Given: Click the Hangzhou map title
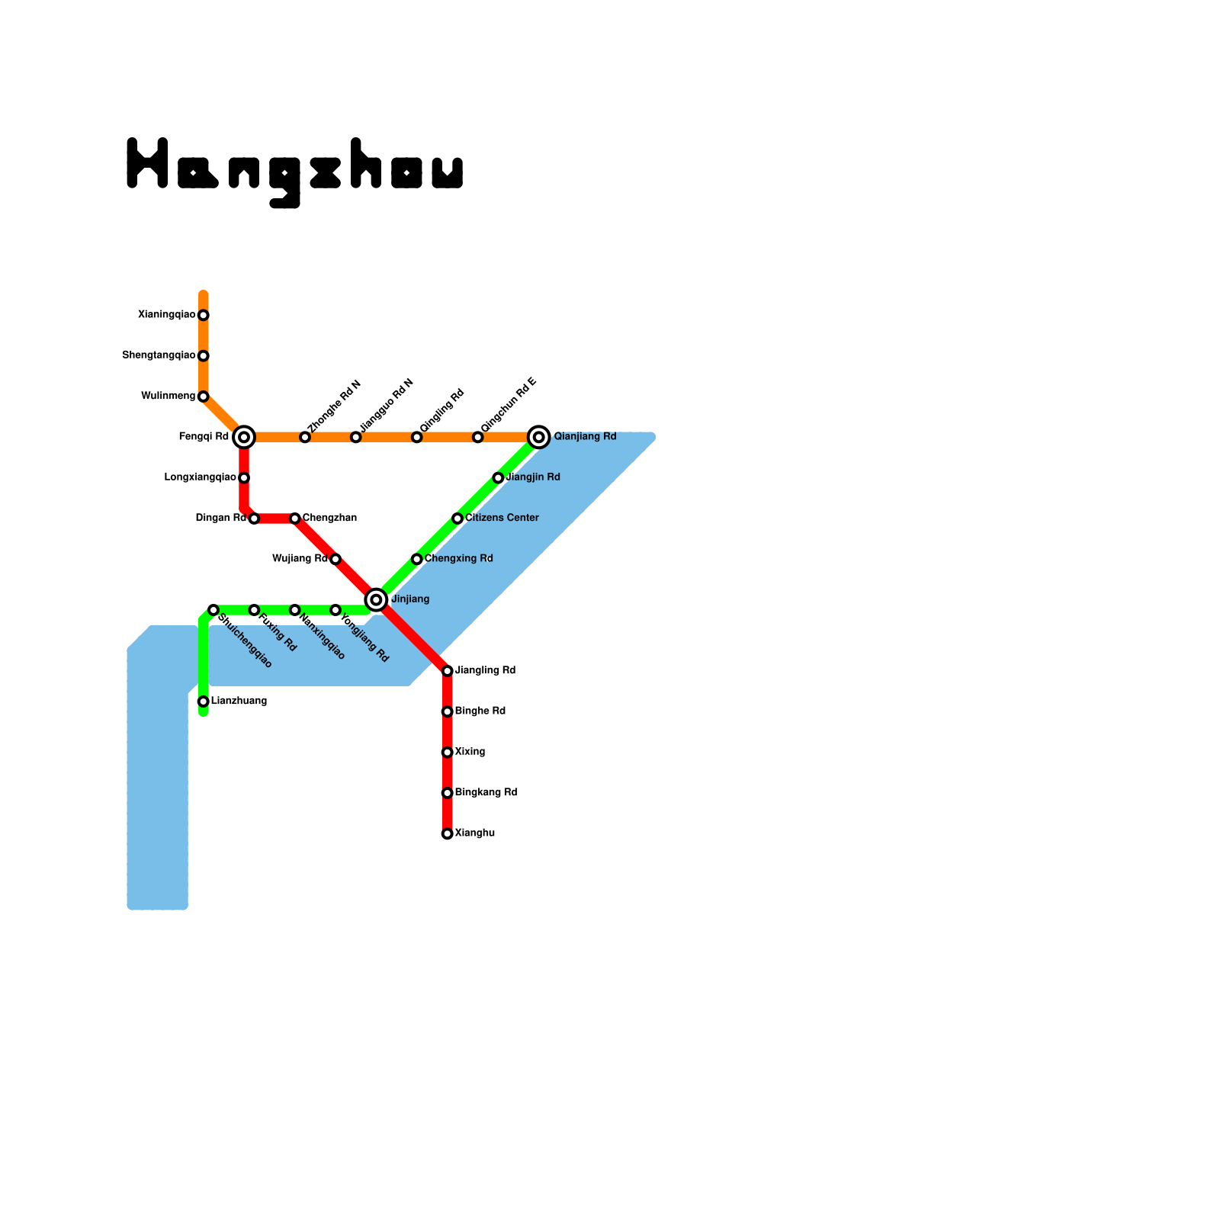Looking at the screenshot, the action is (x=295, y=172).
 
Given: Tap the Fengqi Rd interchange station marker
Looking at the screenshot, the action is (x=244, y=437).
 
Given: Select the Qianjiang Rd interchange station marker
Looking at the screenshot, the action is (x=539, y=437).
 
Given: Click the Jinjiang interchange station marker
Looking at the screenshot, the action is (x=376, y=600).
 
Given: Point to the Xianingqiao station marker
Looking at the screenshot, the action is (x=204, y=315).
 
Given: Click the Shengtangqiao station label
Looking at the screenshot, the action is (x=159, y=355).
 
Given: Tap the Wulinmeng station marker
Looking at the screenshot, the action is (x=204, y=396).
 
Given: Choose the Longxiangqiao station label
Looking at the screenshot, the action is (x=200, y=477).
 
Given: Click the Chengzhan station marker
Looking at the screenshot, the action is (x=295, y=518).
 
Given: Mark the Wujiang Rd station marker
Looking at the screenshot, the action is (x=335, y=559).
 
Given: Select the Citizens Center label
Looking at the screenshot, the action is (x=502, y=518).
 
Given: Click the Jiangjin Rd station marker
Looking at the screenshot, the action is (x=498, y=478).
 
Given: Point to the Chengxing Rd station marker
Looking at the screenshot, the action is (x=417, y=559).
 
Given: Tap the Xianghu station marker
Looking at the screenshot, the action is (x=448, y=833).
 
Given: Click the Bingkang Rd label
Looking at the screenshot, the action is (x=486, y=792).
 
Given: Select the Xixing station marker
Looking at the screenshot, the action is (x=448, y=753).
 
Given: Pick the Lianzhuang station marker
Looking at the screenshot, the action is (x=204, y=701).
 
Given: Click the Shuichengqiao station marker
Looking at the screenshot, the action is (x=213, y=610).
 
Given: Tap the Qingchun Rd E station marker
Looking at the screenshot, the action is (x=478, y=437).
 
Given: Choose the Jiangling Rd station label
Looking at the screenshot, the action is (x=485, y=670).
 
